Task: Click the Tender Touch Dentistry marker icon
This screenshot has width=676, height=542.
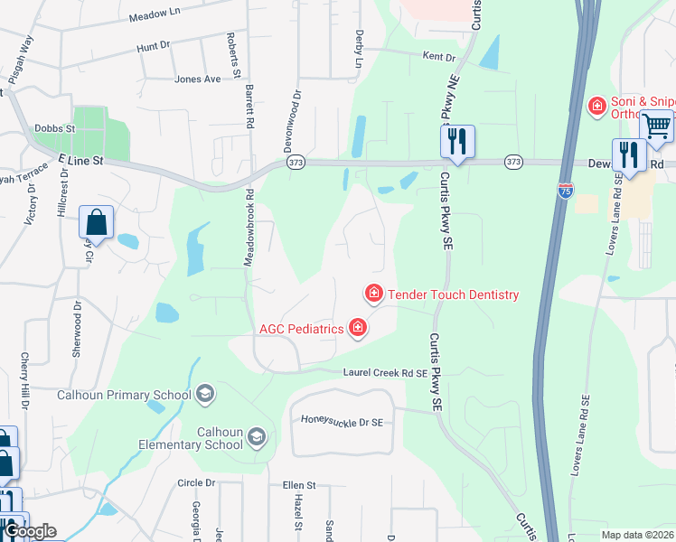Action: [x=372, y=294]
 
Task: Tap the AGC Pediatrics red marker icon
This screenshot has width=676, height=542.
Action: [x=359, y=327]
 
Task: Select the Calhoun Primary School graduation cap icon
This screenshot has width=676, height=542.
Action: [x=205, y=393]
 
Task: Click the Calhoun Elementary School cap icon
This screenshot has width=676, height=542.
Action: [x=257, y=437]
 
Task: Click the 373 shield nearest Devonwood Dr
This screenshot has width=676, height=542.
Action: [x=296, y=163]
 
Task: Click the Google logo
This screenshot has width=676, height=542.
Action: [x=29, y=531]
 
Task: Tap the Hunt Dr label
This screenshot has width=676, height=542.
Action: [x=153, y=45]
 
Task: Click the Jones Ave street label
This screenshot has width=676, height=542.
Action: [x=198, y=79]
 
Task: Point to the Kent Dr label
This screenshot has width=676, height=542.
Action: [x=439, y=56]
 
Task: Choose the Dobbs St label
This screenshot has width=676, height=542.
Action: [x=54, y=128]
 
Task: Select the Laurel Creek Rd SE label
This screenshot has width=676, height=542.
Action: [x=385, y=372]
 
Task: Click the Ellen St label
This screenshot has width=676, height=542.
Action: [x=297, y=485]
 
